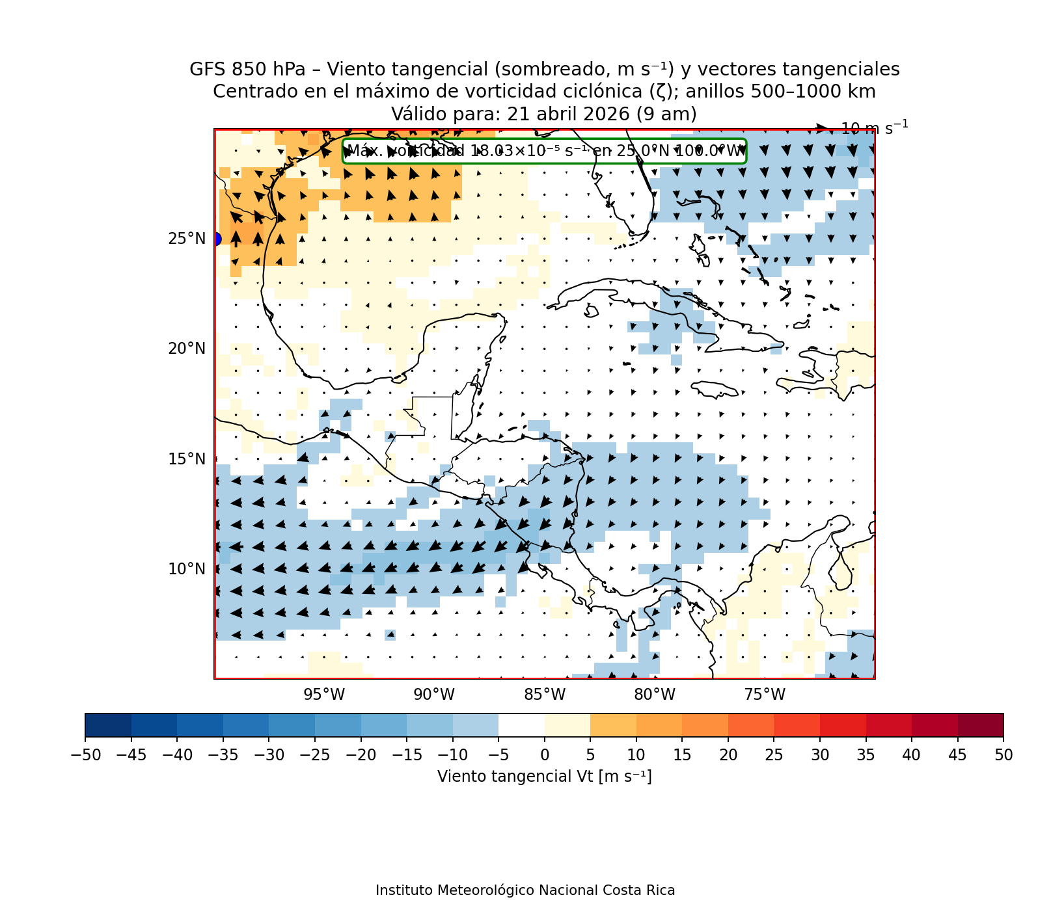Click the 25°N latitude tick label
coord(187,239)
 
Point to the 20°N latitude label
coord(187,349)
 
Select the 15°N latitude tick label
coord(187,459)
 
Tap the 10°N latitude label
coord(187,569)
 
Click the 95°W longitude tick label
coord(324,695)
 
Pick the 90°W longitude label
coord(434,695)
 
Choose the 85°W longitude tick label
coord(545,695)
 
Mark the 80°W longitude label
coord(655,695)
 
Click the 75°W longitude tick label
coord(765,695)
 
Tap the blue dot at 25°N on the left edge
coord(216,239)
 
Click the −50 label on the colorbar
coord(85,755)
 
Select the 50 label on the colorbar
coord(1003,755)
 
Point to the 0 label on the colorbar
coord(545,755)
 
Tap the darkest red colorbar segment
coord(980,725)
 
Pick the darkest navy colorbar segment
coord(108,725)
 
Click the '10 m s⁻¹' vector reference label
coord(874,128)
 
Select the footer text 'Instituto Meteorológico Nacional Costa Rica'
coord(525,890)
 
